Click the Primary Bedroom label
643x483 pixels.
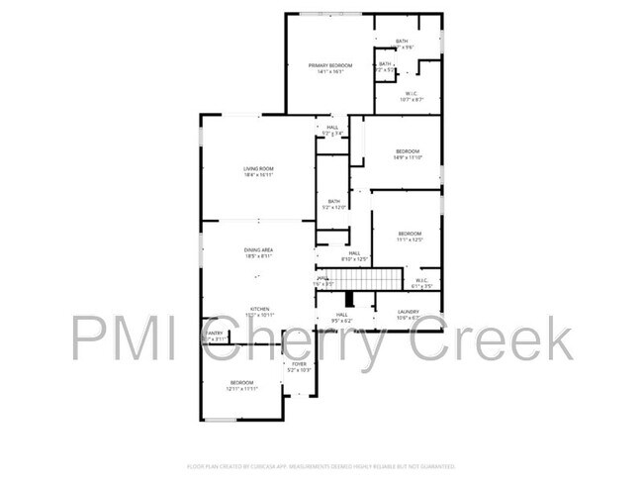point(329,65)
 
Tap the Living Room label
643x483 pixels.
point(258,169)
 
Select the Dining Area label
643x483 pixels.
point(258,250)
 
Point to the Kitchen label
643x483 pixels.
point(259,309)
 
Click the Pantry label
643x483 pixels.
point(215,334)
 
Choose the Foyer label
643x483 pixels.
point(299,364)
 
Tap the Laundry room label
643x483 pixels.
point(409,313)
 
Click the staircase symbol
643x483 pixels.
point(374,280)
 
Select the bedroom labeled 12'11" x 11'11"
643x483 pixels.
point(242,382)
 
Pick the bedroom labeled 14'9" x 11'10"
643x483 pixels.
point(408,151)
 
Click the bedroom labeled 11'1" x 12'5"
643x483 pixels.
point(410,234)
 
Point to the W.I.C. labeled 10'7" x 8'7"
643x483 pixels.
point(413,94)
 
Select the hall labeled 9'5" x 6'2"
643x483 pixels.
point(341,315)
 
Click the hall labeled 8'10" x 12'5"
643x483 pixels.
point(353,253)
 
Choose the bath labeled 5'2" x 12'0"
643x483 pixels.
point(334,201)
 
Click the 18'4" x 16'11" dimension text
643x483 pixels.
point(258,175)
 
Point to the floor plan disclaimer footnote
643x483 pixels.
point(321,465)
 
